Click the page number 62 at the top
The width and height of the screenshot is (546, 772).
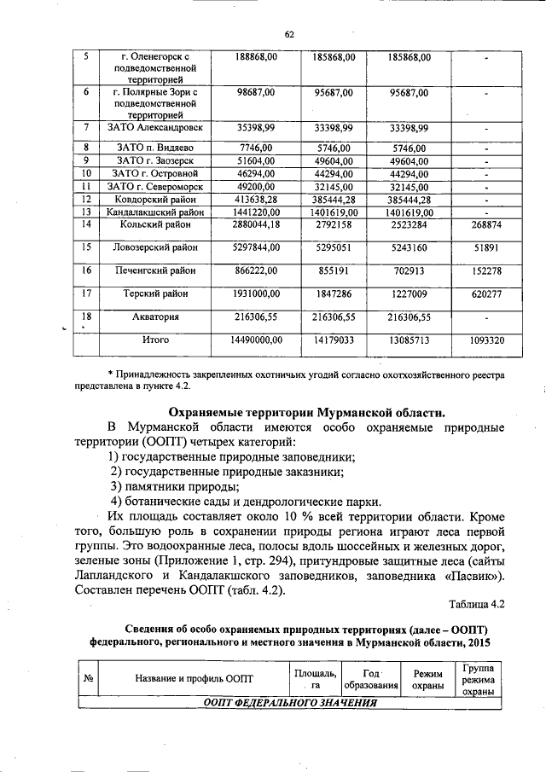coord(288,34)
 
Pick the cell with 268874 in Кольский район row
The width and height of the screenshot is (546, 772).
coord(485,225)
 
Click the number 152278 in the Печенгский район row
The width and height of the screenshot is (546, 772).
coord(485,271)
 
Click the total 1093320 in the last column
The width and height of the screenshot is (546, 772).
coord(485,340)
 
